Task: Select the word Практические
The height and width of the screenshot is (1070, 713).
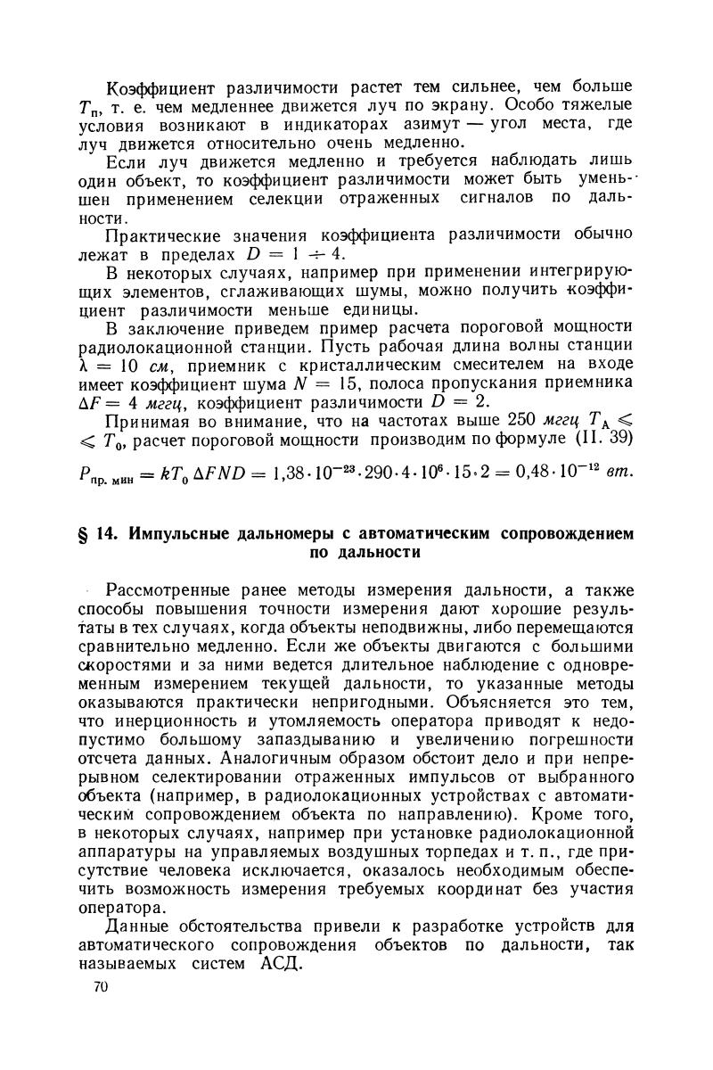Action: point(166,235)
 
